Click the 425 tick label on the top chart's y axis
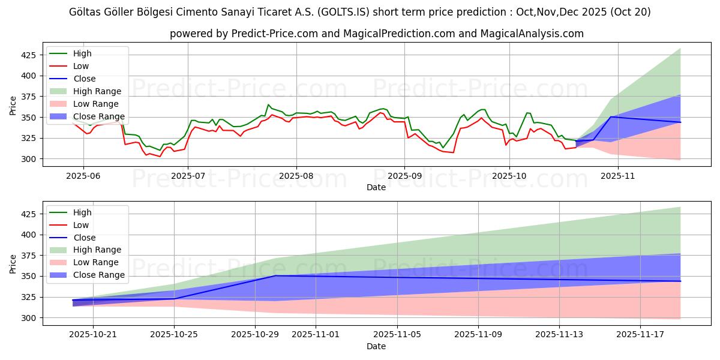coord(29,55)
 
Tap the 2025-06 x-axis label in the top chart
coord(83,175)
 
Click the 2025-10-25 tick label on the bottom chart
coord(174,334)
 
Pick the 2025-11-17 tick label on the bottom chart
coord(641,334)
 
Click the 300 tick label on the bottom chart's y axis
coord(29,318)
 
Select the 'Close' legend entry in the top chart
coord(84,79)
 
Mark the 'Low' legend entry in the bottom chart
coord(80,225)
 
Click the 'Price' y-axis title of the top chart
coord(13,106)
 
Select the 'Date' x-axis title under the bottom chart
coord(376,346)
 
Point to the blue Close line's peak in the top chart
coord(611,117)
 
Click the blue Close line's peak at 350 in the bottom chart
coord(275,276)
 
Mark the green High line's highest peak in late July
coord(269,104)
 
